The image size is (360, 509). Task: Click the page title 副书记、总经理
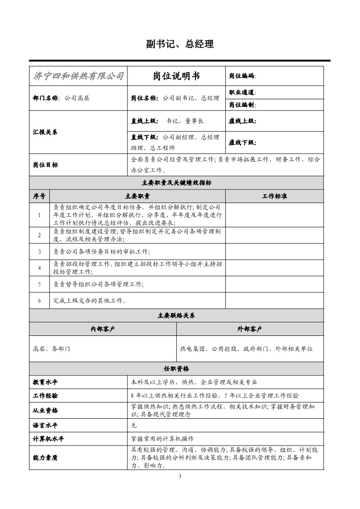point(180,44)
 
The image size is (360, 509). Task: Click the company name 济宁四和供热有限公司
point(78,76)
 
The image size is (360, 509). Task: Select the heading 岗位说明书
point(176,76)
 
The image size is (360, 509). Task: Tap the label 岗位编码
point(242,76)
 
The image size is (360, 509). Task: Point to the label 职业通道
point(242,92)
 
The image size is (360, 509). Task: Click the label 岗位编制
point(242,105)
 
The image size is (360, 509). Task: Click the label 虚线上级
point(242,121)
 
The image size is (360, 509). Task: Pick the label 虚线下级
point(242,142)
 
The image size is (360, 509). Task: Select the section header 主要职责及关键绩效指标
point(176,183)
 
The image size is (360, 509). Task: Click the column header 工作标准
point(274,196)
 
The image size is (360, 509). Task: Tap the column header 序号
point(39,196)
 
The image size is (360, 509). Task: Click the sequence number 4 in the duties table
point(39,268)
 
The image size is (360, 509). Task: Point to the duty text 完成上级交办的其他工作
point(89,301)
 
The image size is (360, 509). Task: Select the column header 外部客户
point(250,329)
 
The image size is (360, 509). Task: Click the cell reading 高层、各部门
point(52,349)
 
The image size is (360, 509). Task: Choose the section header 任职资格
point(176,368)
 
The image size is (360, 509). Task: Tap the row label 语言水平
point(45,426)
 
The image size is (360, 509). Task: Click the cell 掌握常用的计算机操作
point(162,439)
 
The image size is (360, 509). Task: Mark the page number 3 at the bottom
point(180,476)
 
